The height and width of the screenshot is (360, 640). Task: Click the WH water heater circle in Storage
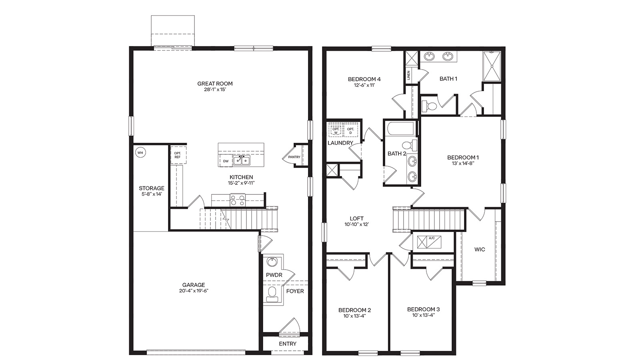(x=140, y=152)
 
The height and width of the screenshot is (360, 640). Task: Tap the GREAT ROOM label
(x=215, y=84)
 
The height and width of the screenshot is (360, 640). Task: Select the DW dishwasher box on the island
(x=226, y=161)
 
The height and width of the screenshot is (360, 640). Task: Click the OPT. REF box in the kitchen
(x=177, y=155)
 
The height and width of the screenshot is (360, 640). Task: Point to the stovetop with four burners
(x=238, y=200)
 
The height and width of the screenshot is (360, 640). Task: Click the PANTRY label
(x=294, y=157)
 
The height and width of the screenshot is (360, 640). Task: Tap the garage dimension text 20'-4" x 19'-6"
(x=194, y=291)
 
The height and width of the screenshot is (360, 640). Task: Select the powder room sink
(x=272, y=262)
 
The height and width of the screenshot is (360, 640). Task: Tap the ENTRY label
(x=288, y=344)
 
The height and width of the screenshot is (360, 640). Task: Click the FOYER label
(x=295, y=291)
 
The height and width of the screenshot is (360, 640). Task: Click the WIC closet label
(x=480, y=249)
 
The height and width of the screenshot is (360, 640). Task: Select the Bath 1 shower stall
(x=493, y=66)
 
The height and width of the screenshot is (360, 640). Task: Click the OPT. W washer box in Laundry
(x=336, y=130)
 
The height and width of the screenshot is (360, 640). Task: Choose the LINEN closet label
(x=409, y=75)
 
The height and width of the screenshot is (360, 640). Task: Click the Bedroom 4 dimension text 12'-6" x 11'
(x=364, y=85)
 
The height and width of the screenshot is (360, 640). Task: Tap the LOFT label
(x=356, y=218)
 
